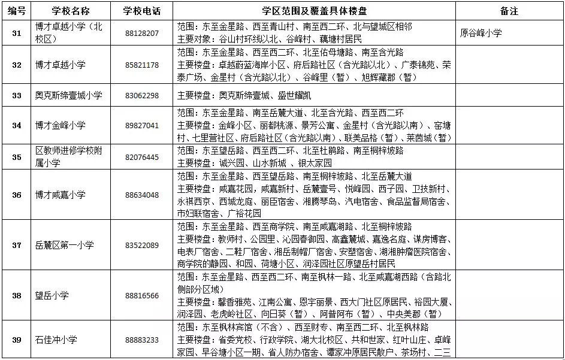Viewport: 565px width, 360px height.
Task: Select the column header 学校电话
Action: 142,11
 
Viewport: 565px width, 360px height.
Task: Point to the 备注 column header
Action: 509,11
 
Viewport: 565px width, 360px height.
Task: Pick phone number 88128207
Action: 142,33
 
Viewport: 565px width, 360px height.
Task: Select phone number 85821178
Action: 142,65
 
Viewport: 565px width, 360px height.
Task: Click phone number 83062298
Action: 142,95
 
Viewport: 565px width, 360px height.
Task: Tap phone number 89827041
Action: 142,125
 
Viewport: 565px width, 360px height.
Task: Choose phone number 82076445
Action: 142,157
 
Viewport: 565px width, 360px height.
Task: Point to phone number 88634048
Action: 142,195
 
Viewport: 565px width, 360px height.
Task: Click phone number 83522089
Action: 142,245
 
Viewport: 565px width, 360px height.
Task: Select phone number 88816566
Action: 142,295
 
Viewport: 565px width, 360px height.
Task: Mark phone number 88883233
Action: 142,340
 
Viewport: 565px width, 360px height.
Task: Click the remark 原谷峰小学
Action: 482,33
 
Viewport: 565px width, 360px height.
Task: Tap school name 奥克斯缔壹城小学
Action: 69,95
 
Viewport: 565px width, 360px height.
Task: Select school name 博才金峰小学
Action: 60,125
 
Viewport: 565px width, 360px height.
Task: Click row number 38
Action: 17,295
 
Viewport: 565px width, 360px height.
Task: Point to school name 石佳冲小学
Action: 56,340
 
